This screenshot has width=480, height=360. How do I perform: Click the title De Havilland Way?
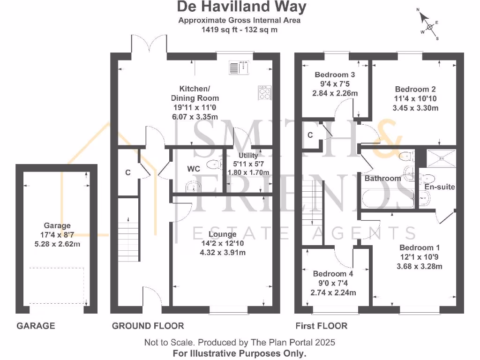241,7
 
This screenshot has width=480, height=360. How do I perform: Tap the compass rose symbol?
429,26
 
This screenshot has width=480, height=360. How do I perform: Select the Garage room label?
57,225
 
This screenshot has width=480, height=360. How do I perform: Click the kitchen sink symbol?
240,67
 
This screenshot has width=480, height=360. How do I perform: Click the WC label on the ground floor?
194,168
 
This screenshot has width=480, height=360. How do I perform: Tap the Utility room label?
248,156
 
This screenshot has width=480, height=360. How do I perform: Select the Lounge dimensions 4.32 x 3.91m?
222,253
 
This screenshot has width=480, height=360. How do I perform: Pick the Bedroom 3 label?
335,75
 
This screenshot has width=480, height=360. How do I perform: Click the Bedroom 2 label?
412,89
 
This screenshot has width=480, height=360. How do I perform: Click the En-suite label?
440,187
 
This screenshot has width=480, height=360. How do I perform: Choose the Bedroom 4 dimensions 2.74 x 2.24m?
333,292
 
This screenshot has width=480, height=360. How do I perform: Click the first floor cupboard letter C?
310,135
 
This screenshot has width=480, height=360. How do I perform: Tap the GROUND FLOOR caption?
148,326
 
